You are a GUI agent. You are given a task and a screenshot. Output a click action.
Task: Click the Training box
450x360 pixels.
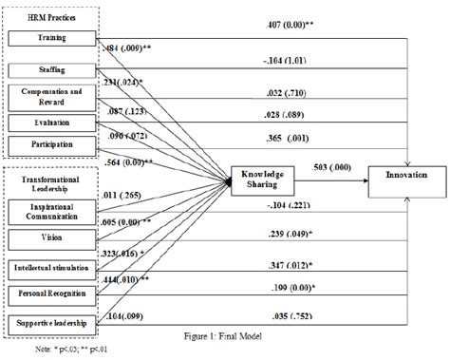tap(50, 40)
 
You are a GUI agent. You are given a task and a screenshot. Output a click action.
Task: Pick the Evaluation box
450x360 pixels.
tap(50, 122)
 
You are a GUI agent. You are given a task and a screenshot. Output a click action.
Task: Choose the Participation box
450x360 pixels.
tap(50, 146)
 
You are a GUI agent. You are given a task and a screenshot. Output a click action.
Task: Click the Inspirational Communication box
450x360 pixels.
tap(50, 208)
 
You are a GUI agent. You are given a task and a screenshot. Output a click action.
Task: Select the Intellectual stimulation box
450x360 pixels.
tap(50, 269)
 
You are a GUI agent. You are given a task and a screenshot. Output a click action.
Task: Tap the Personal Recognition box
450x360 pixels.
tap(50, 295)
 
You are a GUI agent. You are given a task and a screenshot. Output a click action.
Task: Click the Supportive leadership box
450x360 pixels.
tap(50, 325)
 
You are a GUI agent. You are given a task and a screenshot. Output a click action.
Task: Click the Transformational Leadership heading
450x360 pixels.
tap(50, 183)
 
